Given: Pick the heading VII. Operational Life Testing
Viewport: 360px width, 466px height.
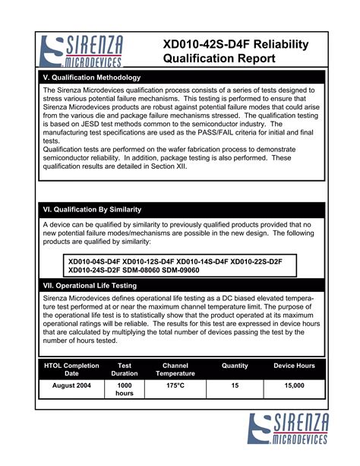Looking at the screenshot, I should [90, 285].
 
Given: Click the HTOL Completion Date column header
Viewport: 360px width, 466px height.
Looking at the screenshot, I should [71, 369].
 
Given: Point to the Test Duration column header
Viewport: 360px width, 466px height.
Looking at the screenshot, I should [125, 369].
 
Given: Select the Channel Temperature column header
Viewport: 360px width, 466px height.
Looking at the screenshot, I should [175, 369].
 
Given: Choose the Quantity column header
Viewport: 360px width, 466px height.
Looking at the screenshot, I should [235, 366].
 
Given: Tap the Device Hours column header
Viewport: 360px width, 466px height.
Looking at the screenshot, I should [294, 366].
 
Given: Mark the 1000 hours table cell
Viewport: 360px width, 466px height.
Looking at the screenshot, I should [125, 389].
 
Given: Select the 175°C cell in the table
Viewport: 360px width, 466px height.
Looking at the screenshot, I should [175, 385].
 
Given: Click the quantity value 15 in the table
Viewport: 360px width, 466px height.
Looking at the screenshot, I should [235, 385].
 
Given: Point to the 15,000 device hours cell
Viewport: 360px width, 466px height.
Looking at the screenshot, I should [294, 385].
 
